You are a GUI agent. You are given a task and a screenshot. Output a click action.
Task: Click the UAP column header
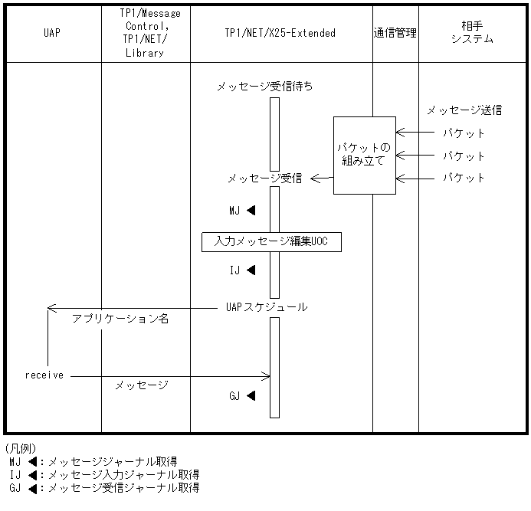pyautogui.click(x=53, y=33)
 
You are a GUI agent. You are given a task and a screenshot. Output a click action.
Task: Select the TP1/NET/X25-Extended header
pyautogui.click(x=281, y=33)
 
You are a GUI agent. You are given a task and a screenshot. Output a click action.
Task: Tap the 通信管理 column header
pyautogui.click(x=395, y=33)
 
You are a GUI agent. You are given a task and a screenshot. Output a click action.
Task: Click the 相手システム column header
pyautogui.click(x=472, y=33)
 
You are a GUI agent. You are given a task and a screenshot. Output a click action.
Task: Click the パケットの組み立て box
pyautogui.click(x=364, y=155)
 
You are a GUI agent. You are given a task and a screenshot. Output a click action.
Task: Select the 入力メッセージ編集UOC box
pyautogui.click(x=271, y=242)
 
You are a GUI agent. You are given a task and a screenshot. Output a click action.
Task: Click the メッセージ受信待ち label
pyautogui.click(x=264, y=87)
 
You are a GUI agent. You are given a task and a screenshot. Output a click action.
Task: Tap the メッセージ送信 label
pyautogui.click(x=464, y=110)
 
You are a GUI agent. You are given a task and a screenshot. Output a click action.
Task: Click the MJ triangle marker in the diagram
pyautogui.click(x=251, y=210)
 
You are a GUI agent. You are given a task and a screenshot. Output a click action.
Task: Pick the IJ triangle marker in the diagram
pyautogui.click(x=251, y=270)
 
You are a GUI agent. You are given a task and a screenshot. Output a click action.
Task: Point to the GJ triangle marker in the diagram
pyautogui.click(x=251, y=396)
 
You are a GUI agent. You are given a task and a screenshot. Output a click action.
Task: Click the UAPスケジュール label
pyautogui.click(x=267, y=307)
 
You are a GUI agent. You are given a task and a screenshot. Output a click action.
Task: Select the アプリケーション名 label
pyautogui.click(x=120, y=319)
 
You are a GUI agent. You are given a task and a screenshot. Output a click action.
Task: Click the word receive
pyautogui.click(x=44, y=375)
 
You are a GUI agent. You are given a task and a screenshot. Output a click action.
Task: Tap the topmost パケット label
pyautogui.click(x=464, y=133)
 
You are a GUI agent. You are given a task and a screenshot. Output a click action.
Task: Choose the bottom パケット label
pyautogui.click(x=464, y=178)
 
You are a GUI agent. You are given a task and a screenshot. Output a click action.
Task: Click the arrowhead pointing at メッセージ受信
pyautogui.click(x=313, y=179)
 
